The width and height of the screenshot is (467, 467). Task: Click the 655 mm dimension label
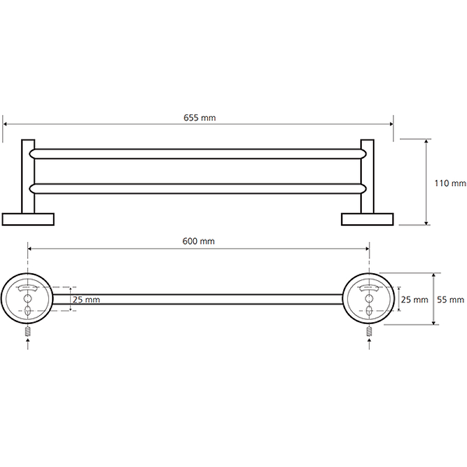[x=200, y=118]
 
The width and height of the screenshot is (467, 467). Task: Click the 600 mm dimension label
[x=198, y=241]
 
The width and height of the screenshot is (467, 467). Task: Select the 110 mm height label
[x=450, y=183]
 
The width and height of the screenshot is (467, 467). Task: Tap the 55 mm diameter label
[x=450, y=299]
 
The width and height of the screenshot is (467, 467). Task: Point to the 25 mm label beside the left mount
[x=86, y=299]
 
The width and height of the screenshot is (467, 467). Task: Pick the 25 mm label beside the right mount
[x=414, y=299]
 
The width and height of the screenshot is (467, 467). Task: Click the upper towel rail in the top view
[x=198, y=154]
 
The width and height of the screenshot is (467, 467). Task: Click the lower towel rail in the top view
[x=198, y=189]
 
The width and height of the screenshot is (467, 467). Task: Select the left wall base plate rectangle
[x=28, y=219]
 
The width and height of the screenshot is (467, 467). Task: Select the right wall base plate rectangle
[x=367, y=219]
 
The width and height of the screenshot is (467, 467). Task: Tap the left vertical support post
[x=28, y=176]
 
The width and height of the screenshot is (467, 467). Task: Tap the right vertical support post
[x=367, y=176]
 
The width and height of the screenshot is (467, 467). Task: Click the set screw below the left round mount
[x=27, y=332]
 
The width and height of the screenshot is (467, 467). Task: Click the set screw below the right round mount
[x=370, y=332]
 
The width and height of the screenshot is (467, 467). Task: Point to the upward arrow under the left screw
[x=27, y=344]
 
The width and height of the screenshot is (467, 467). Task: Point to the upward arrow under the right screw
[x=370, y=344]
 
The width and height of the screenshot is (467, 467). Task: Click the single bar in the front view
[x=198, y=299]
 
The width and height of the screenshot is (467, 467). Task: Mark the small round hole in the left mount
[x=27, y=298]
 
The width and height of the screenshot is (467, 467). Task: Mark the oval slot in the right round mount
[x=370, y=311]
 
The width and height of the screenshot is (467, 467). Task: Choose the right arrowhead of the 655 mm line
[x=391, y=124]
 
